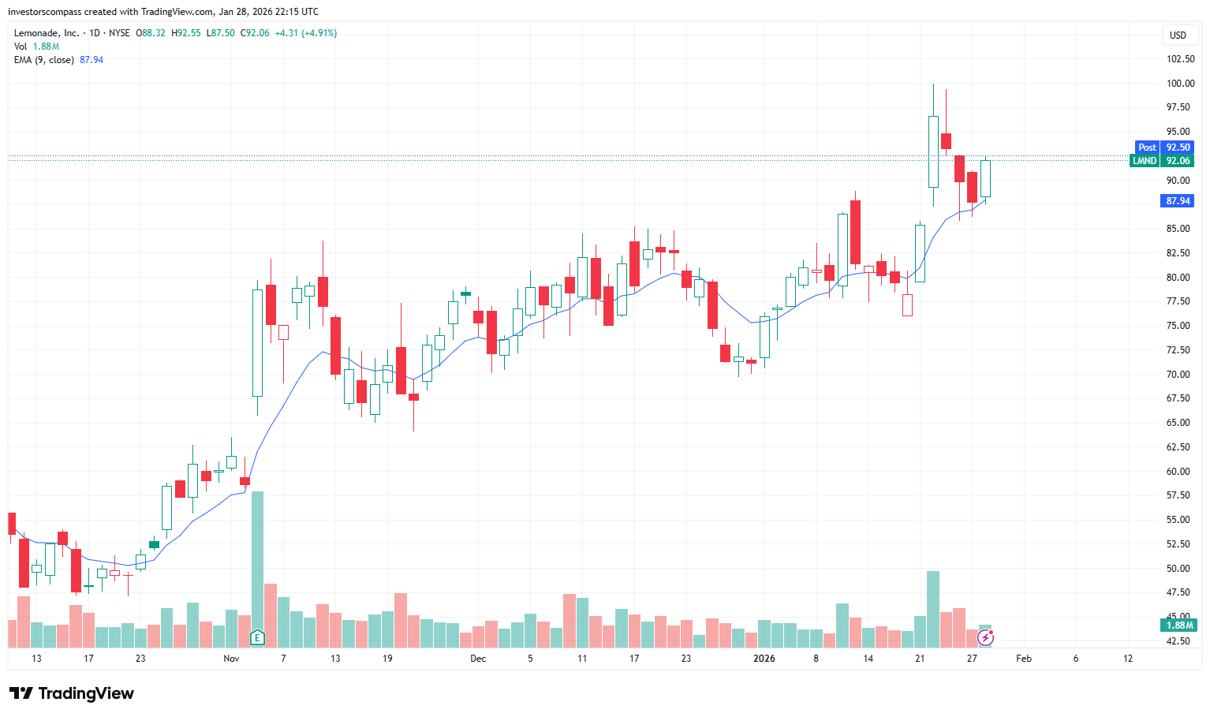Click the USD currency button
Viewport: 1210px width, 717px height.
(x=1178, y=35)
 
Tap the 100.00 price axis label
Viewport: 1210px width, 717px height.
(x=1180, y=84)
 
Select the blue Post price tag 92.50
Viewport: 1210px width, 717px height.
(x=1163, y=148)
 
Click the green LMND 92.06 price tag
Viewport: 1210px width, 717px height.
(x=1162, y=161)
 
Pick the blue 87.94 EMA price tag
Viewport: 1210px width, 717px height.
(x=1178, y=201)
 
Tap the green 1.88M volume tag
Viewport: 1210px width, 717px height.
(x=1179, y=626)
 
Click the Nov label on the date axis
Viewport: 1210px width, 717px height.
(x=231, y=659)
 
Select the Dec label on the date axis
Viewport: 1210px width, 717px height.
(x=478, y=659)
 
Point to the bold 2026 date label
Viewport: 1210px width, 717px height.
(x=764, y=659)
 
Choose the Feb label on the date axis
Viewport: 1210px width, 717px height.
(x=1023, y=659)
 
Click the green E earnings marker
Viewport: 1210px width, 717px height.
(x=257, y=637)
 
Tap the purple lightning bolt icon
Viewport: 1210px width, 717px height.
(x=985, y=637)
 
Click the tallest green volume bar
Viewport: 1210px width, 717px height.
(x=257, y=560)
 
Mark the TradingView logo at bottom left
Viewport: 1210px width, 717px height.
(x=72, y=693)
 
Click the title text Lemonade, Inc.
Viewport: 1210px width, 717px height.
(x=47, y=33)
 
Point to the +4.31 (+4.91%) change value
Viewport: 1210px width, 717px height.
(x=306, y=33)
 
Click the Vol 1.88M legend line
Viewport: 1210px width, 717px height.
(x=37, y=47)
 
